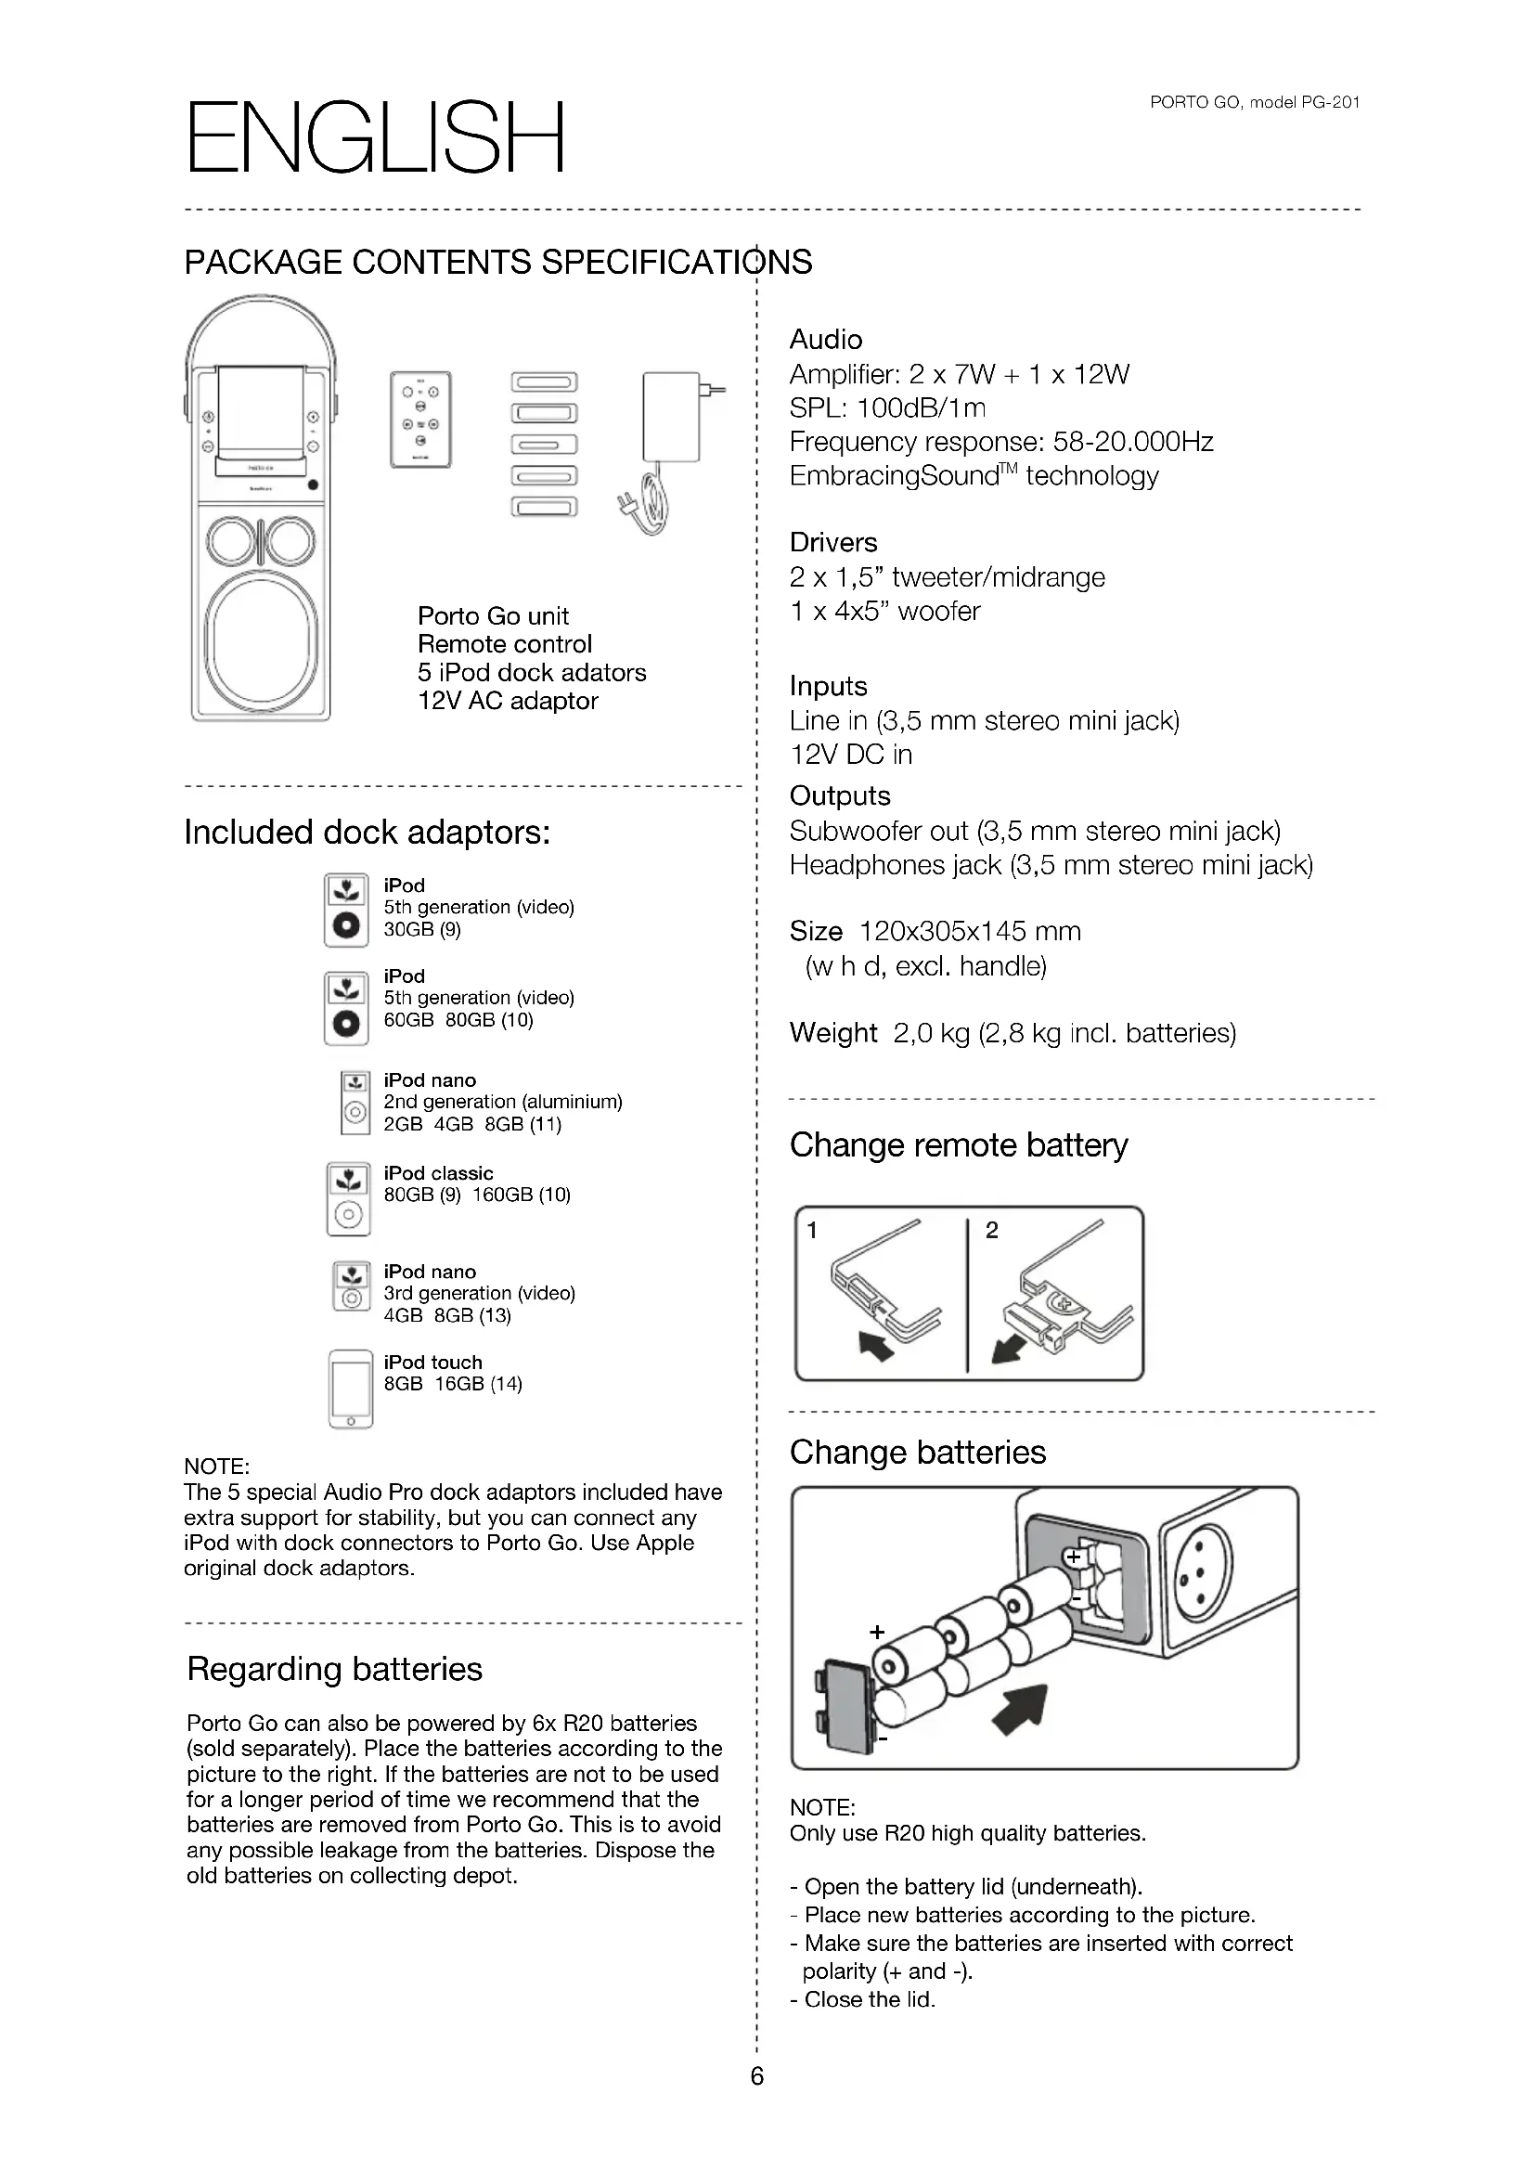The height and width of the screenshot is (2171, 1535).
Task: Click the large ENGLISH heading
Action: (375, 139)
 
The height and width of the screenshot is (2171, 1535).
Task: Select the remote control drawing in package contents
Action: (420, 419)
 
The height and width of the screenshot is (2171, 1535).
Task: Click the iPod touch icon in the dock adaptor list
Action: (351, 1388)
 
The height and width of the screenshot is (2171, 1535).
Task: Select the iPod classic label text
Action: (438, 1172)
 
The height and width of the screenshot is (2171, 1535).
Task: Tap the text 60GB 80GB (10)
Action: (458, 1020)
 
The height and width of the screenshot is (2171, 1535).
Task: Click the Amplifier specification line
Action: (959, 374)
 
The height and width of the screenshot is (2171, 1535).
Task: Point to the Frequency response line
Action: (1000, 442)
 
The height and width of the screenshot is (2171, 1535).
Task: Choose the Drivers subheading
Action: (832, 543)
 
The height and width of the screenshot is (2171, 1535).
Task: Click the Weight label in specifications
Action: (832, 1032)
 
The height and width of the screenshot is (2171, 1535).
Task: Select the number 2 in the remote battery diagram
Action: (991, 1230)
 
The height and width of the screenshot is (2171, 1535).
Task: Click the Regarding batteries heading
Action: (335, 1669)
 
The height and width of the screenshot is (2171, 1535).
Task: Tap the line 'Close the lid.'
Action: (869, 1999)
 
